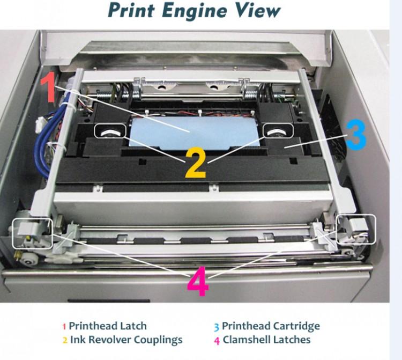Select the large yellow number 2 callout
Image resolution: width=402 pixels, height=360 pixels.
196,163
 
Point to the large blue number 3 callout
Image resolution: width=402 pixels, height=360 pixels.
355,135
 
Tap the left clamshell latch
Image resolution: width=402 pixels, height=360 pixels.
32,232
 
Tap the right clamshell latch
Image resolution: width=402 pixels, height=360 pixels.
355,228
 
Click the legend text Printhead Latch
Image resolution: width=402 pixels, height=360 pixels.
107,326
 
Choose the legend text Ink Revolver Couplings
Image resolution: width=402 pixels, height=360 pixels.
126,340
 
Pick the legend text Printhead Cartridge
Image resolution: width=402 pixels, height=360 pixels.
271,326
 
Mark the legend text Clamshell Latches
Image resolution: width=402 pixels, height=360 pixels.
266,340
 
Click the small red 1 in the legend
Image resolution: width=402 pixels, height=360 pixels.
64,326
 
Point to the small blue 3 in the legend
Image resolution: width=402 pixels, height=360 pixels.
217,326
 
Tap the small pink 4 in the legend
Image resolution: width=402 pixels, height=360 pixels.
217,340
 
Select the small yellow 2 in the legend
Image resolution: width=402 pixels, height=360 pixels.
65,340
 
